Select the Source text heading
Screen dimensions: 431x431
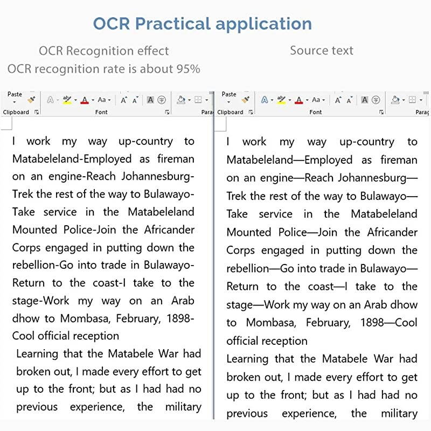322,51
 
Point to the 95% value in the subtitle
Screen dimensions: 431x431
188,69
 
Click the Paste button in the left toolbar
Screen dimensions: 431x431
15,95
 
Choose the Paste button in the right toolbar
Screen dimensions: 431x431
229,95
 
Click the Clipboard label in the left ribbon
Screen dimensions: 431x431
16,112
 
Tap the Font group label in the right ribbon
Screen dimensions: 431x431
316,112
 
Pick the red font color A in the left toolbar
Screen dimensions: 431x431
85,100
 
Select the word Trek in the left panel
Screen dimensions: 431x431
23,194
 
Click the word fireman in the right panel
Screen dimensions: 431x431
399,160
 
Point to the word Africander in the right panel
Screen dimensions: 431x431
392,232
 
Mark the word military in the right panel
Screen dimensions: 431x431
399,413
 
